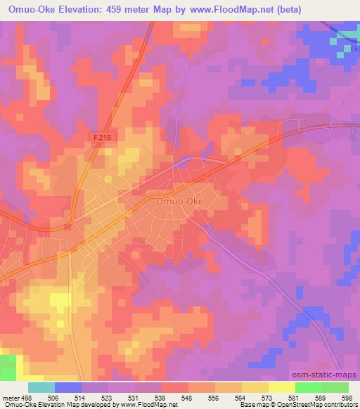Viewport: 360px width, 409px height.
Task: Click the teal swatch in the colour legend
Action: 41,387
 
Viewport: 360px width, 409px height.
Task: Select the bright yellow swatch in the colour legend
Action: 282,387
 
